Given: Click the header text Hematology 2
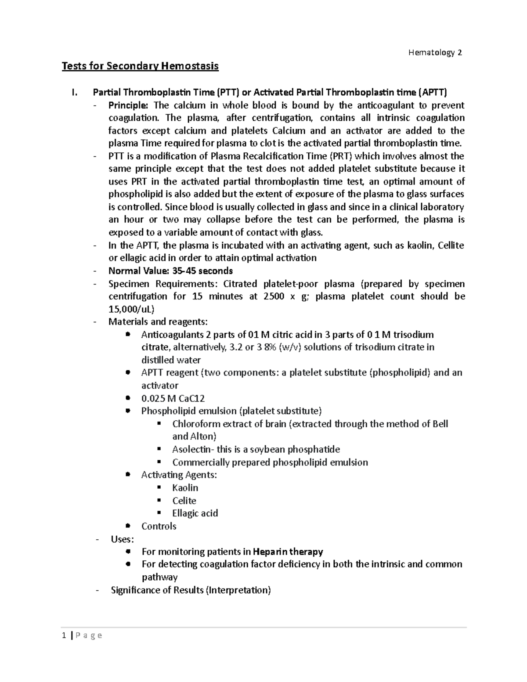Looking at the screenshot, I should (x=435, y=53).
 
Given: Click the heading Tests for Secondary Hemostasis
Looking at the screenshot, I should (x=140, y=66).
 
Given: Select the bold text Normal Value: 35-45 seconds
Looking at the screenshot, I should (x=170, y=271).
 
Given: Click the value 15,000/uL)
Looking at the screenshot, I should (x=131, y=309).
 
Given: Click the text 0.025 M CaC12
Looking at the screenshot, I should (x=173, y=398).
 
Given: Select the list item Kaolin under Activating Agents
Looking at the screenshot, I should (x=185, y=488).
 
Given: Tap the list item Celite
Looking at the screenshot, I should (x=184, y=501).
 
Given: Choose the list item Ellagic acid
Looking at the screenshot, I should (x=195, y=513).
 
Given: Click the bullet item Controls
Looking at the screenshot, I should (x=159, y=526).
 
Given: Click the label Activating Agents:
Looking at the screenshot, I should (x=179, y=475).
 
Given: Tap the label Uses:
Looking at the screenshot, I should (x=123, y=539).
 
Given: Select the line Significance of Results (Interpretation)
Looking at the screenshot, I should (x=191, y=590).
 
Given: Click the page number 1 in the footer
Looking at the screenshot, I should (x=64, y=635).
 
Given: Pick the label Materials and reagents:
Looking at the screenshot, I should (x=158, y=322).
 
